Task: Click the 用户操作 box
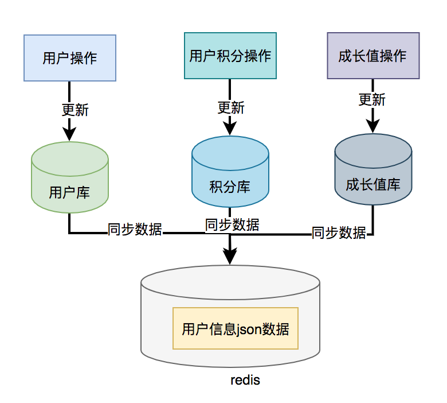(x=70, y=57)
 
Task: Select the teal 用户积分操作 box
(x=230, y=56)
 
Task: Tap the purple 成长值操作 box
(x=372, y=56)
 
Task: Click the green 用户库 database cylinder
(x=69, y=178)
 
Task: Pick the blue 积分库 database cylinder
(x=230, y=172)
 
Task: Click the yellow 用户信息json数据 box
(x=236, y=329)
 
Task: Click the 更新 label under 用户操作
(x=75, y=109)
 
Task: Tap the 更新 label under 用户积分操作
(x=231, y=107)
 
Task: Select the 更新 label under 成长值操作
(x=372, y=99)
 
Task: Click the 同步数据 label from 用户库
(x=135, y=230)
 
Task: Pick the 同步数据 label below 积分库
(x=232, y=224)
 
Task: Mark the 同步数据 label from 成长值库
(x=339, y=232)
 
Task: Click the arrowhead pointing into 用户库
(x=69, y=134)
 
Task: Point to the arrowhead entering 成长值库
(x=372, y=127)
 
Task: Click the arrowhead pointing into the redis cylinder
(x=230, y=257)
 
